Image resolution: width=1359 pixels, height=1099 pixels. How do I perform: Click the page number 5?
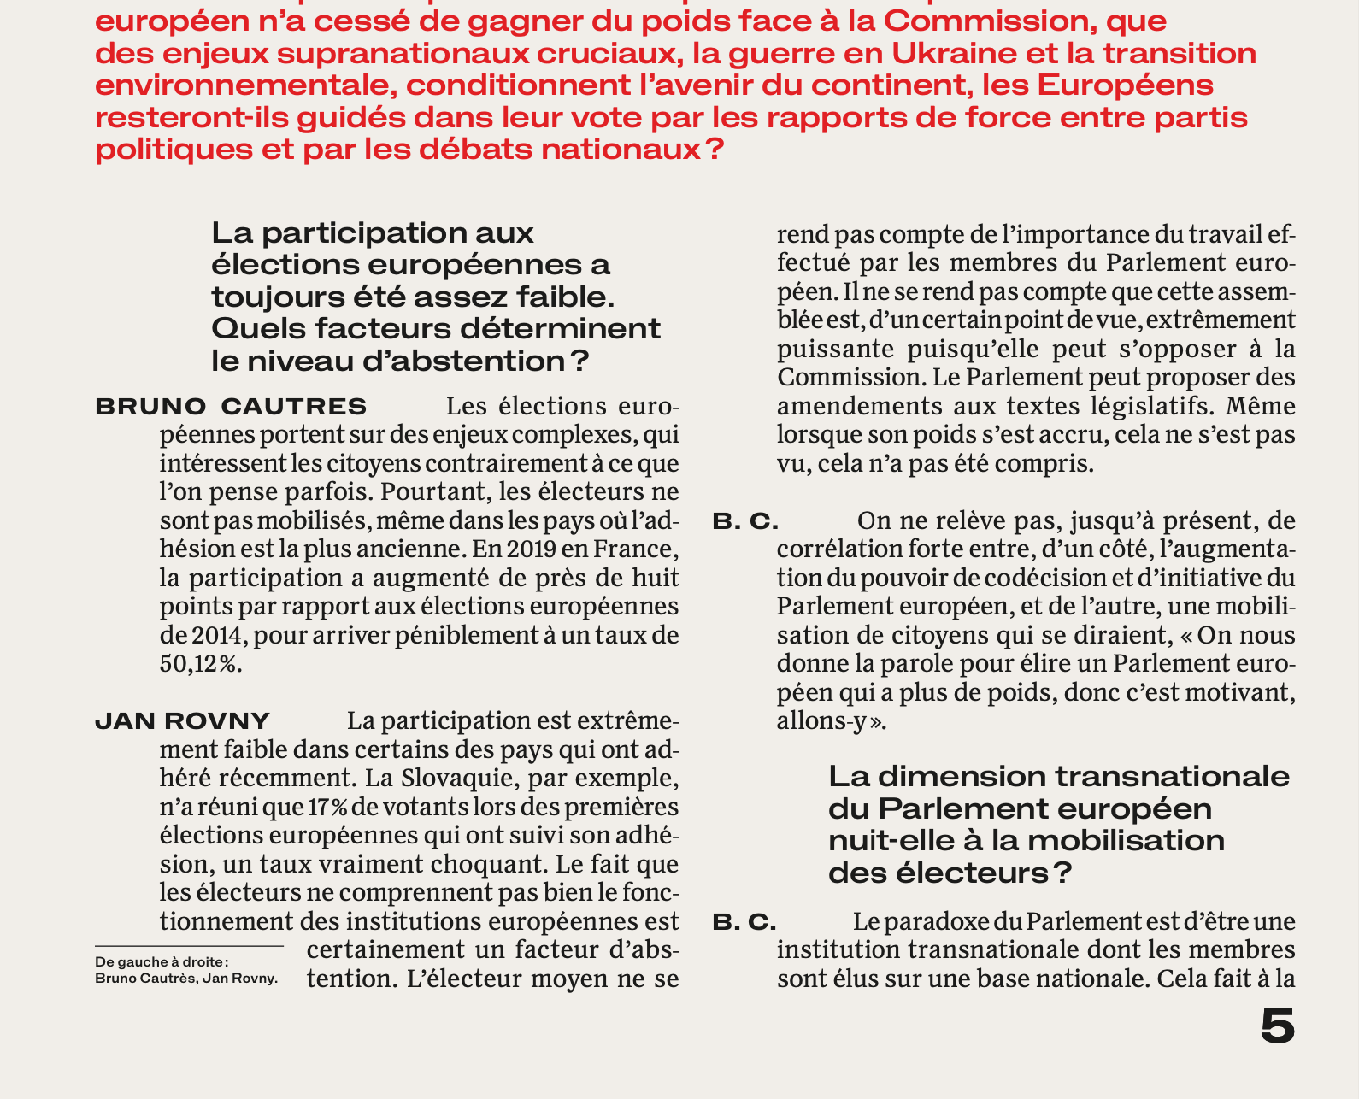(1277, 1026)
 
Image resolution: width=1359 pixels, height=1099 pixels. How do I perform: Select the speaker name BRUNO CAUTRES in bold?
(231, 407)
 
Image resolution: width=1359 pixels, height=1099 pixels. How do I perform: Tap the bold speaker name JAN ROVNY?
(182, 721)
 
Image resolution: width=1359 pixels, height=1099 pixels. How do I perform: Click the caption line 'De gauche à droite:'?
(162, 962)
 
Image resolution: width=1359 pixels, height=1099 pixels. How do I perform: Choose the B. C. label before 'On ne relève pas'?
(745, 520)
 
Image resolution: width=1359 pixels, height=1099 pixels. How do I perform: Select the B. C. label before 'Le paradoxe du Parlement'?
(744, 922)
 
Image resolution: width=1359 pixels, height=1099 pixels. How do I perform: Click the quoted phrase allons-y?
(821, 721)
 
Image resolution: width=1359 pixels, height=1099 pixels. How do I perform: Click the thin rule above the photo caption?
(189, 947)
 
